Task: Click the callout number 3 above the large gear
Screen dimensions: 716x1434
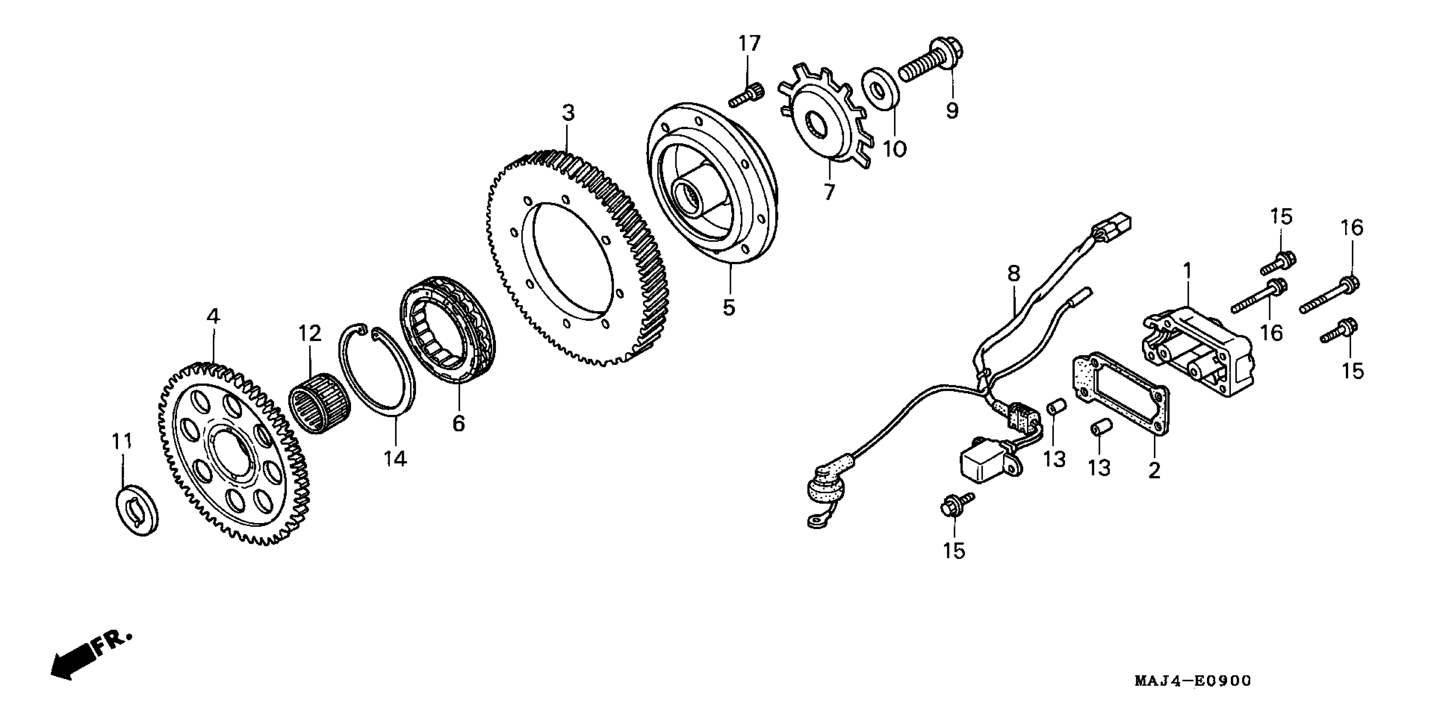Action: (567, 113)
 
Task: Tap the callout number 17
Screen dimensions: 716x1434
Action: (749, 43)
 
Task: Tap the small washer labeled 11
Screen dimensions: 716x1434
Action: (137, 509)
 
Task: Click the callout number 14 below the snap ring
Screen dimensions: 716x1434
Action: (395, 459)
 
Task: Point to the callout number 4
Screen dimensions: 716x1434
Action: (213, 317)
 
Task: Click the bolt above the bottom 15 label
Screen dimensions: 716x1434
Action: (955, 505)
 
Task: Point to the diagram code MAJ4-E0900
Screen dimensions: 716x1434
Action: (1193, 681)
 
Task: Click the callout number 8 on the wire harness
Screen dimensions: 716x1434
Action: (1014, 273)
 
